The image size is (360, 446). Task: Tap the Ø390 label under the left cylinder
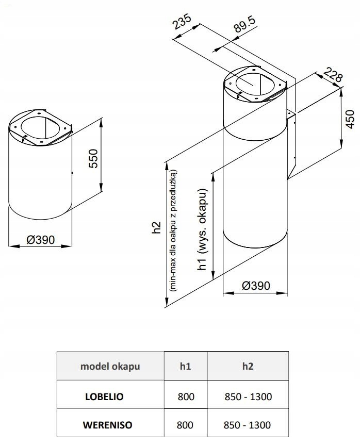[40, 239]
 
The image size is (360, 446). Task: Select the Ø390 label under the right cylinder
[255, 286]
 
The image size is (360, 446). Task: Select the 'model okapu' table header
[110, 367]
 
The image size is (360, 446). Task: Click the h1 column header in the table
[186, 367]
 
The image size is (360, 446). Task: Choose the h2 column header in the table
[248, 367]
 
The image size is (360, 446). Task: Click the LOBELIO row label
[104, 397]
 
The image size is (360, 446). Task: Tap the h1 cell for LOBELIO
[186, 397]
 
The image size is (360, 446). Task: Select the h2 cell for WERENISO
[248, 425]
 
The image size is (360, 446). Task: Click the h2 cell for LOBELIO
[248, 397]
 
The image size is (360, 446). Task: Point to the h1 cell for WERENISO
[186, 425]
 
